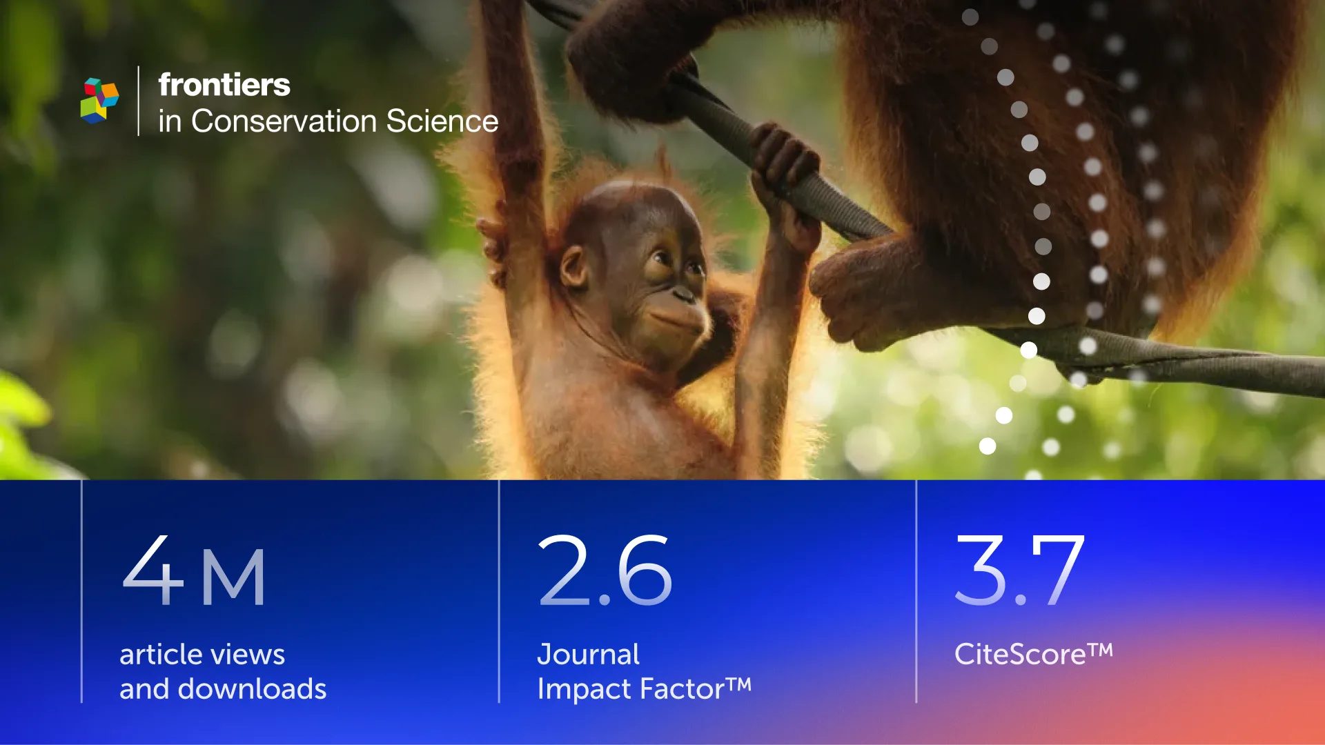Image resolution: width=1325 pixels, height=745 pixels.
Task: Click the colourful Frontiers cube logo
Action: pos(99,101)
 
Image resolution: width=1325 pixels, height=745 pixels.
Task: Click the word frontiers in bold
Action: pos(224,85)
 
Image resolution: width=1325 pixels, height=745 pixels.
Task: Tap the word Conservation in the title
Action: pos(284,121)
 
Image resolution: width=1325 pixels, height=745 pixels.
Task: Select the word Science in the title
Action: pos(442,121)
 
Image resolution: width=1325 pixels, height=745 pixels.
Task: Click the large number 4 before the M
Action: pos(153,569)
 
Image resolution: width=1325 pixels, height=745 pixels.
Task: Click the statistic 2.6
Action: pos(605,570)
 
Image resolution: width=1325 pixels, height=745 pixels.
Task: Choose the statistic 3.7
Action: pos(1020,570)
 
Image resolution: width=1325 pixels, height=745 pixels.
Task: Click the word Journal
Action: pos(589,654)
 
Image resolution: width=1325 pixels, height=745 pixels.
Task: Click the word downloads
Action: pos(252,688)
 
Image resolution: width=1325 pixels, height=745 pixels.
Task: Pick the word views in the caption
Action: pos(251,655)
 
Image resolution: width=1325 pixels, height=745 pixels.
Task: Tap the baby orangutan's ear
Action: pos(574,267)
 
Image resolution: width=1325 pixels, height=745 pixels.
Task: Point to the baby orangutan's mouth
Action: pos(673,319)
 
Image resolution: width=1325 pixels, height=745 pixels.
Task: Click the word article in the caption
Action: pos(163,655)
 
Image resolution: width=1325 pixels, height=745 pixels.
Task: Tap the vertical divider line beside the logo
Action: pos(139,101)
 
